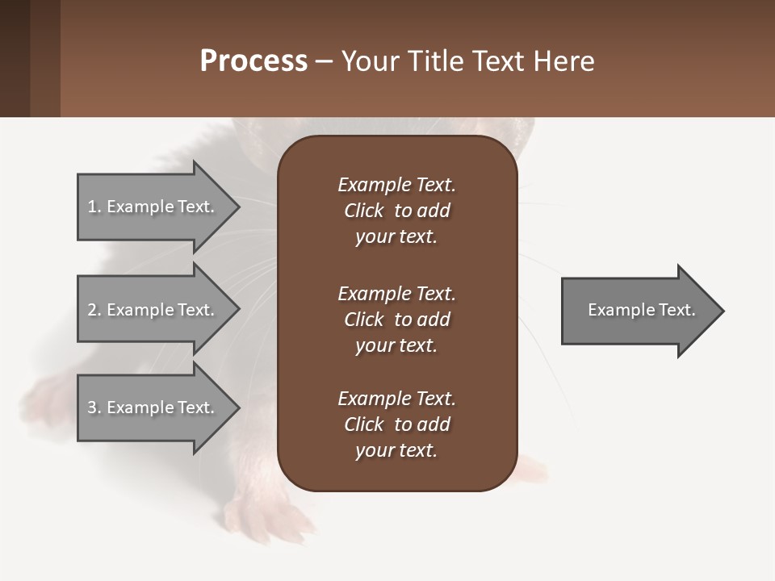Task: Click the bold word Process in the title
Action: pyautogui.click(x=253, y=61)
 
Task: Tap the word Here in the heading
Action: pyautogui.click(x=564, y=61)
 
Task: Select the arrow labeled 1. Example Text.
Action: pyautogui.click(x=153, y=207)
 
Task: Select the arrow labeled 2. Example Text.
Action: pyautogui.click(x=153, y=310)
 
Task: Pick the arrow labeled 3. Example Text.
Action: pyautogui.click(x=153, y=408)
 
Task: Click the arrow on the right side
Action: pyautogui.click(x=638, y=310)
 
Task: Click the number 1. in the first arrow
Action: pyautogui.click(x=94, y=207)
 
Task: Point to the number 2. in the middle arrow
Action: pyautogui.click(x=94, y=310)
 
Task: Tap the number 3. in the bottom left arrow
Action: pyautogui.click(x=94, y=408)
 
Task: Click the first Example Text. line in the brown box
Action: pyautogui.click(x=396, y=185)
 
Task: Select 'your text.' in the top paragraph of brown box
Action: pyautogui.click(x=396, y=237)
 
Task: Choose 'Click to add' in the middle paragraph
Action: pyautogui.click(x=396, y=320)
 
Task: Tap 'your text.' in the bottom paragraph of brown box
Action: pyautogui.click(x=396, y=451)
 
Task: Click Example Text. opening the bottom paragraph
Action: pyautogui.click(x=396, y=399)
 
